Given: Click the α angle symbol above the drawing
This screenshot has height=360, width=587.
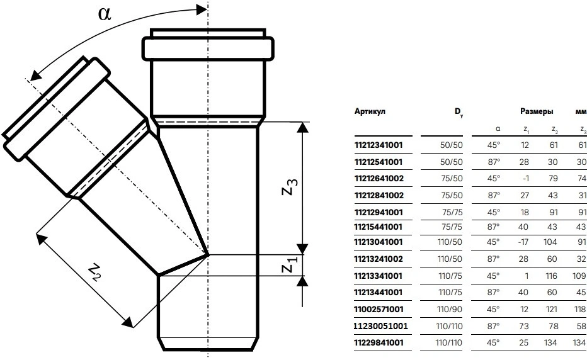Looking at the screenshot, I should tap(105, 14).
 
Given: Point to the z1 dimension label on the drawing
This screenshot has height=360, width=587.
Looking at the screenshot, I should tap(287, 266).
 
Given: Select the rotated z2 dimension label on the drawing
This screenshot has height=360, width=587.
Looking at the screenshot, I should tap(94, 272).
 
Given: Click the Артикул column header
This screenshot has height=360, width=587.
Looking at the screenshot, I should tap(371, 112).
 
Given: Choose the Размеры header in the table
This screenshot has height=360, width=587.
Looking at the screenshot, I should tap(537, 112).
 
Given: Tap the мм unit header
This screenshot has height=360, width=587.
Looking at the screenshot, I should tap(580, 112).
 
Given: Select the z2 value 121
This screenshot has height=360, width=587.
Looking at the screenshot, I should tap(553, 310).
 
